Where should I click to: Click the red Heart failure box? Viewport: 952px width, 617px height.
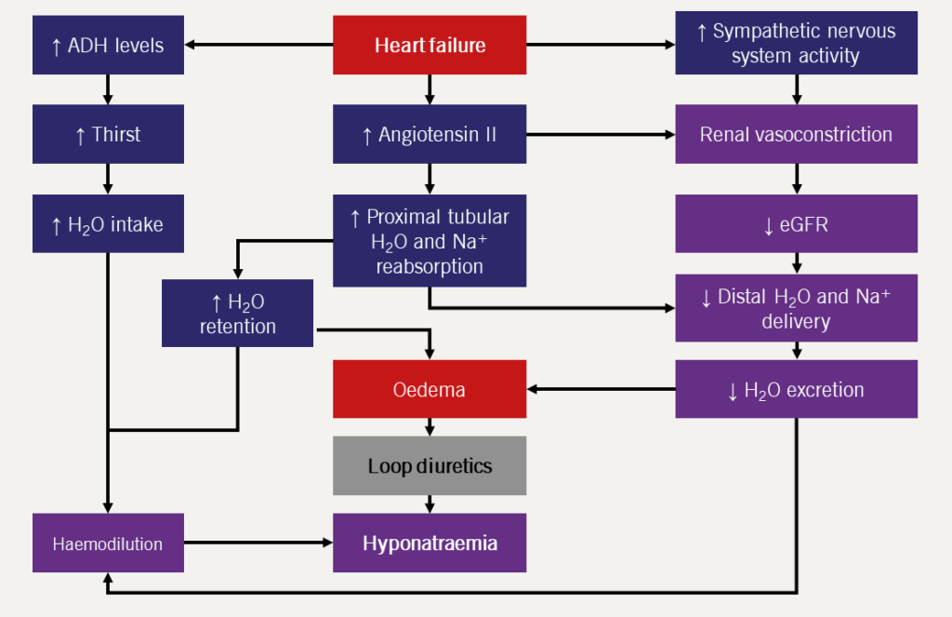[x=430, y=45]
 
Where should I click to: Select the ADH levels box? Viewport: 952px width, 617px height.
[x=108, y=45]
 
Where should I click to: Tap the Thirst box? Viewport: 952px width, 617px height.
[x=108, y=134]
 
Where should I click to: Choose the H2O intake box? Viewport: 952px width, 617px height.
[x=108, y=223]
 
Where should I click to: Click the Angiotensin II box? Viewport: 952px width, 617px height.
[x=430, y=134]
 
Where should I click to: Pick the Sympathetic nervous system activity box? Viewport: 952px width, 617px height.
[x=796, y=45]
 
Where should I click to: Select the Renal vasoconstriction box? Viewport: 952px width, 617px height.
[x=796, y=134]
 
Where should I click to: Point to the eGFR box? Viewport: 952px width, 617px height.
[x=796, y=223]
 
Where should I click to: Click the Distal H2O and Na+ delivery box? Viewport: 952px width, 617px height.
[x=796, y=309]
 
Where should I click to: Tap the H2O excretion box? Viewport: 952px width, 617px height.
[x=796, y=389]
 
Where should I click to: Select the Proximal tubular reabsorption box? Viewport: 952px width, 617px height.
[x=430, y=240]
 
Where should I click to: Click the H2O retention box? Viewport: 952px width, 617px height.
[x=237, y=314]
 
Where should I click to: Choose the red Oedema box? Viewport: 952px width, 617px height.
[x=430, y=389]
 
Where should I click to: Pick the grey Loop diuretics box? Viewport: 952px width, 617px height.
[x=430, y=465]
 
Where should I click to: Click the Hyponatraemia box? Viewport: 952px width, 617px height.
[x=430, y=543]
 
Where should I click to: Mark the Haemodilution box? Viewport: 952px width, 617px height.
[x=108, y=543]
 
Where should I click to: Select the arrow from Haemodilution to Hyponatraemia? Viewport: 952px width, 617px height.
[x=258, y=542]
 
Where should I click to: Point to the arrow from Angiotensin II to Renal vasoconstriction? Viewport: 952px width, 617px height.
[x=601, y=134]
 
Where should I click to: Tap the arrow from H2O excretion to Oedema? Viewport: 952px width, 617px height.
[x=601, y=389]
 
